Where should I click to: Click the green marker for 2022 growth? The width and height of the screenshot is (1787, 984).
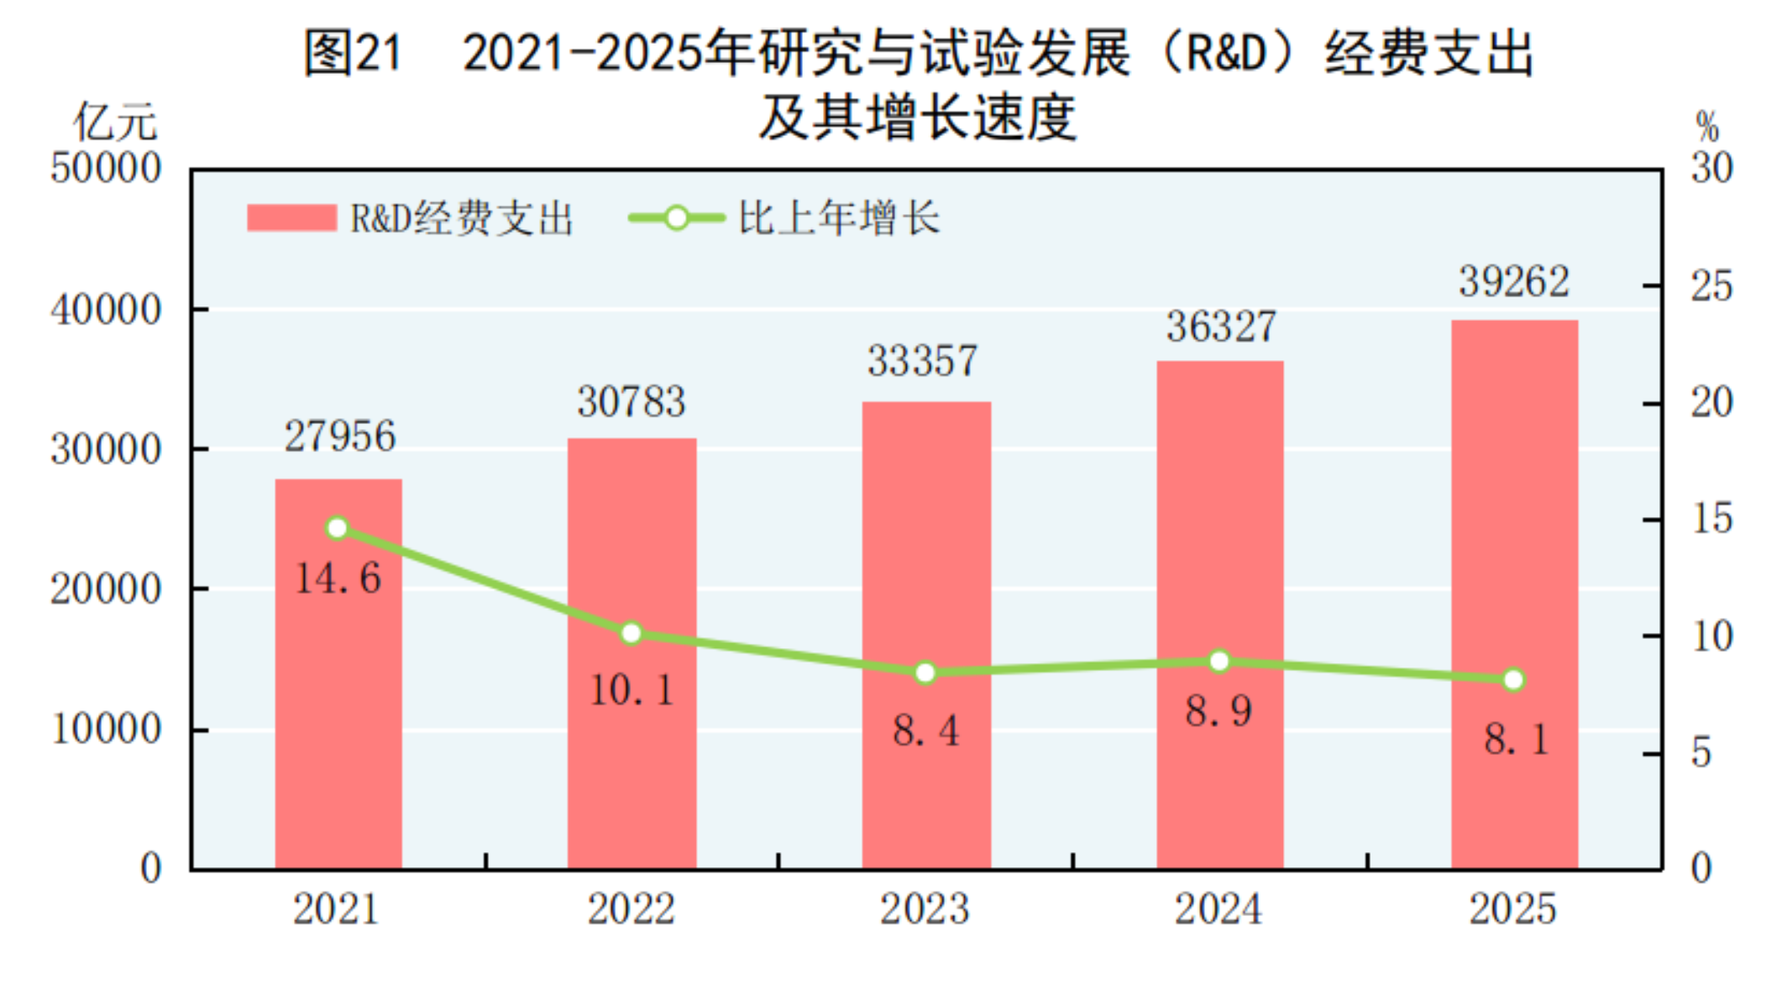631,633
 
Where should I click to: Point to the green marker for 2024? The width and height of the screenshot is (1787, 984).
1219,662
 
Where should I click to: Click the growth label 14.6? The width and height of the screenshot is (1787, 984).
338,578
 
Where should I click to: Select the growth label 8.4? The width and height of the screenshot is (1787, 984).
925,730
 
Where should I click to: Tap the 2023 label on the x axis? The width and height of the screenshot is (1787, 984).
925,908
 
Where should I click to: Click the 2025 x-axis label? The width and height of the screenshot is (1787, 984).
1512,908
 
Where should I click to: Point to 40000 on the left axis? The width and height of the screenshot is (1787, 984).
106,310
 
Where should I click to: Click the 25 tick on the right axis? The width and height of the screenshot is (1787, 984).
1711,286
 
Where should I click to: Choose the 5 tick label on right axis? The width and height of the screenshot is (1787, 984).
1701,752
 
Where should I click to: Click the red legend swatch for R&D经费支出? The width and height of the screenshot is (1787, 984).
291,218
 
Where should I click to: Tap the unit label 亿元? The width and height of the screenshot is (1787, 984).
115,123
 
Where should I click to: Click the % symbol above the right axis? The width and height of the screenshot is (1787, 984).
1707,128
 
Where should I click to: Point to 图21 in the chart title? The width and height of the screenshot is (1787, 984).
353,53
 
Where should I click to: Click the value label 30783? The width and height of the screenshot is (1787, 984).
631,401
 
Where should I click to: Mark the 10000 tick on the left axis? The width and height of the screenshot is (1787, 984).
106,729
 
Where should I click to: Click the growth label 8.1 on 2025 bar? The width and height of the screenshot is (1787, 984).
1516,740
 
